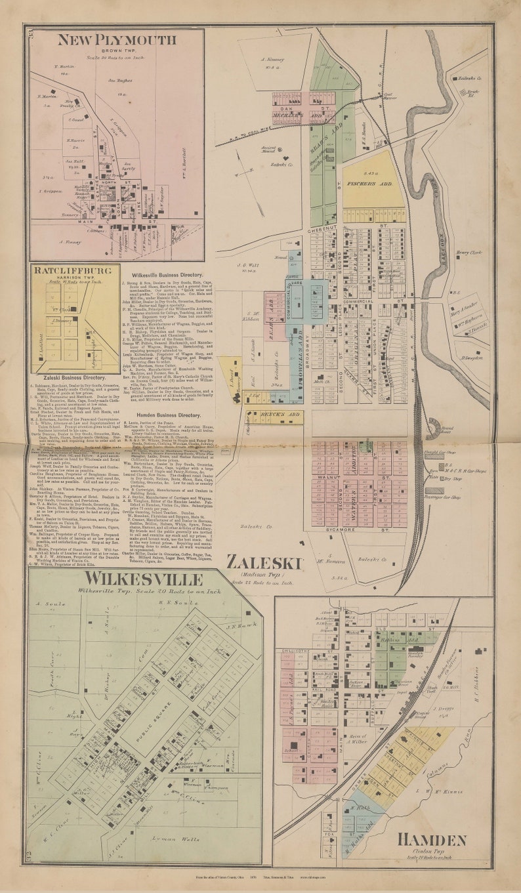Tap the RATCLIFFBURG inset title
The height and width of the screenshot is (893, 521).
(x=75, y=270)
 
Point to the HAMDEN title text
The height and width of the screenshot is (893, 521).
(x=431, y=840)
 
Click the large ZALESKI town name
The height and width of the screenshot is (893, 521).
(x=264, y=562)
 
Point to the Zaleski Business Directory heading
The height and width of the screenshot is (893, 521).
(x=73, y=379)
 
